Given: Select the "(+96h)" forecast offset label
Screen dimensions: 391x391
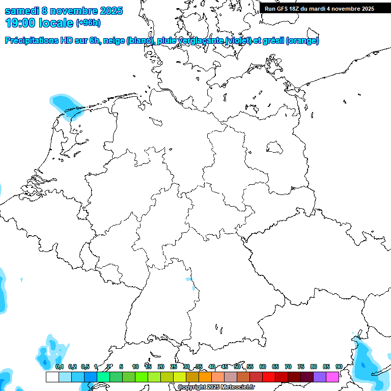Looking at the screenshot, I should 88,23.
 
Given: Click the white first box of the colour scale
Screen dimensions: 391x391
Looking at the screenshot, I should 52,377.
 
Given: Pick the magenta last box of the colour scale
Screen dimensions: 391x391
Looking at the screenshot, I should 332,377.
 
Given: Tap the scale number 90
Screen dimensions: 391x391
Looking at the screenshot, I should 339,367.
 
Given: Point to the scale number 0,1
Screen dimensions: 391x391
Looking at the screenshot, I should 60,367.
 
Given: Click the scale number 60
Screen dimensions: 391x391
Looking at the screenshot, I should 263,367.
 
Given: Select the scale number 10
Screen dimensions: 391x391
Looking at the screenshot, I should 135,367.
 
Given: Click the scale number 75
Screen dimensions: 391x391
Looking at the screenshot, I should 301,367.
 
